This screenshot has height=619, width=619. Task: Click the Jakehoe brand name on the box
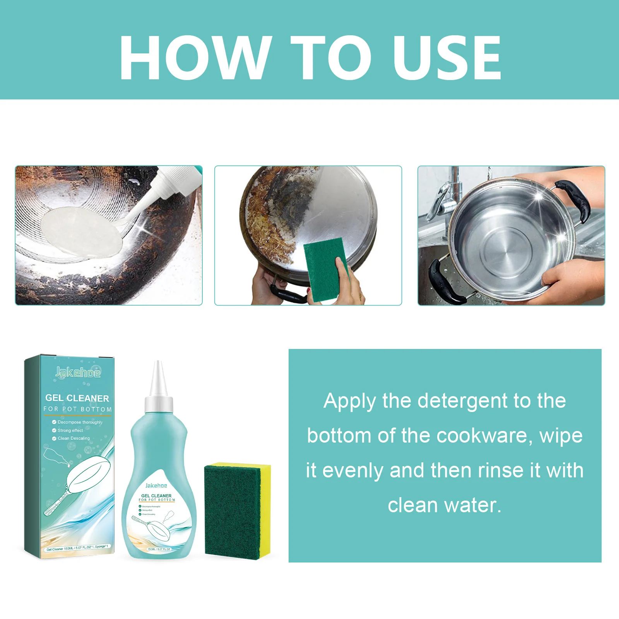click(x=78, y=372)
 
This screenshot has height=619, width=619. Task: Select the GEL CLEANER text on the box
click(x=77, y=398)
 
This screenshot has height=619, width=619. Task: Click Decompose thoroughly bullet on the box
click(x=80, y=422)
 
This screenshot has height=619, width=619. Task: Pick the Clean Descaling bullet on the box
click(x=74, y=438)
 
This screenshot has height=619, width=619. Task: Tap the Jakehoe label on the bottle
click(x=156, y=486)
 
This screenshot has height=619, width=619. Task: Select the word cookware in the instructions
click(x=482, y=436)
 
